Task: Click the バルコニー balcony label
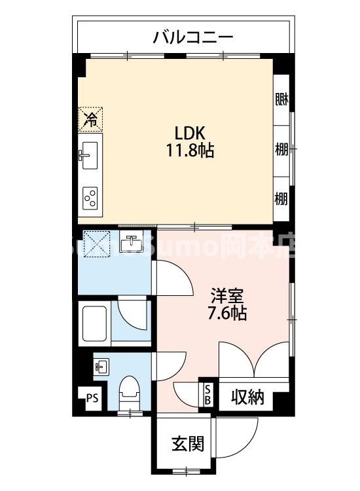pos(193,37)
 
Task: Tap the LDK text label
pos(189,130)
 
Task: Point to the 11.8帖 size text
pos(189,151)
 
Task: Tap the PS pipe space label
pos(91,397)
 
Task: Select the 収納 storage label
pos(247,397)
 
